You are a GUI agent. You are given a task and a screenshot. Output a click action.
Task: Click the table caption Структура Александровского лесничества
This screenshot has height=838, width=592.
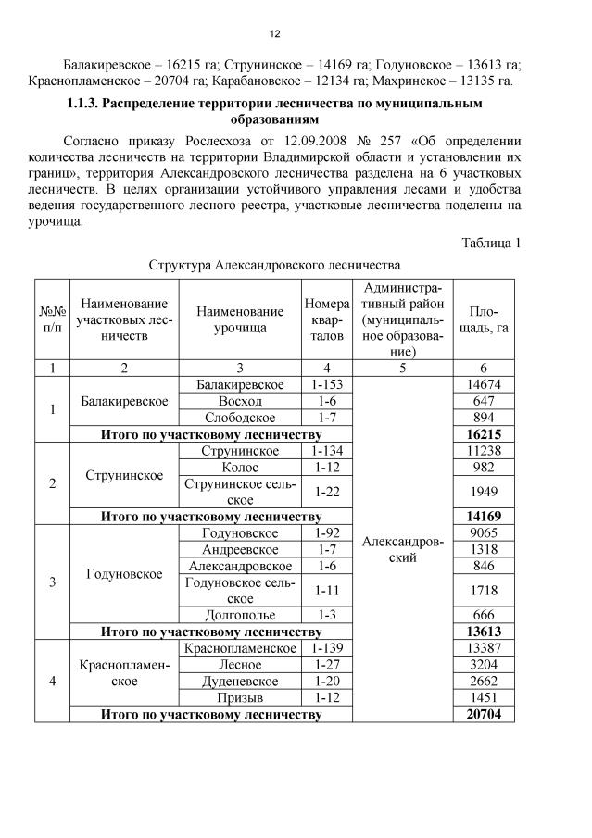(x=274, y=264)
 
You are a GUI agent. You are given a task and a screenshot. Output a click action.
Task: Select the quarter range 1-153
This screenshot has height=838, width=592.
(x=327, y=384)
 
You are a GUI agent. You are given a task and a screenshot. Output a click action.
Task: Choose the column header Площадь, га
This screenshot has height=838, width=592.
(x=484, y=319)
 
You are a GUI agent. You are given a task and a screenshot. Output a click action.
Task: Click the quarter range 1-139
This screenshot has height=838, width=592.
(x=327, y=647)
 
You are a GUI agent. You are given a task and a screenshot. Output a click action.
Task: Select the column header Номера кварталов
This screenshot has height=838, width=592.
(x=327, y=319)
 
